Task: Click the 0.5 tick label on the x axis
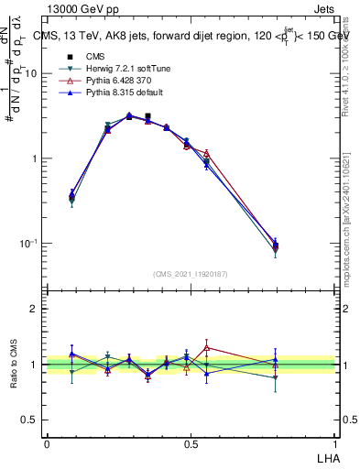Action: pyautogui.click(x=190, y=444)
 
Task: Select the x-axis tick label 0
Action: pyautogui.click(x=47, y=444)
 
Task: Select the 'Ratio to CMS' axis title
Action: pyautogui.click(x=12, y=363)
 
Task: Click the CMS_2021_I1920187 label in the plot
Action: pyautogui.click(x=191, y=274)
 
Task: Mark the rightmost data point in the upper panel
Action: pyautogui.click(x=276, y=245)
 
